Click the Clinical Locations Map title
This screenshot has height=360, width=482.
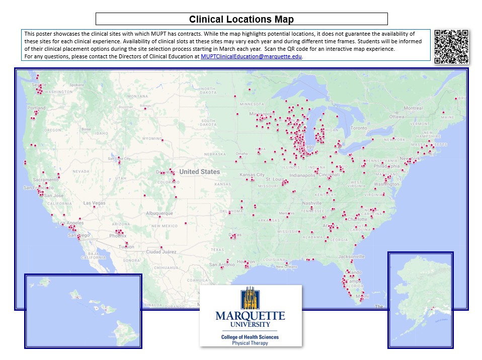click(241, 20)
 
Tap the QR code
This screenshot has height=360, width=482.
click(451, 47)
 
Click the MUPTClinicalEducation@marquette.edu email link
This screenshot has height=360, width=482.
click(251, 57)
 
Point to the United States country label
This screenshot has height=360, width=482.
click(200, 172)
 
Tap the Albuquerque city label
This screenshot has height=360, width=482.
click(159, 213)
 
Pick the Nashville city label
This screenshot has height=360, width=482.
click(311, 203)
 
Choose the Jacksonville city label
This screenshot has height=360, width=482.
click(351, 256)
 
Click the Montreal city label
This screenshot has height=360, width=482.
click(413, 108)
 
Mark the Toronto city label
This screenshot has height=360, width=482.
click(359, 128)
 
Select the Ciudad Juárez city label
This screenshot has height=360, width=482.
click(160, 251)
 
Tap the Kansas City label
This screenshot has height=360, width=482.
click(252, 175)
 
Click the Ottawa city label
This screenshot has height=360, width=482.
click(397, 117)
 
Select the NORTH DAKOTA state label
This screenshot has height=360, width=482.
click(208, 90)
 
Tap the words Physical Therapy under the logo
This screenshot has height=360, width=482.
click(250, 343)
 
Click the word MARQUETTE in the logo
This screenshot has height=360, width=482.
click(250, 316)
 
